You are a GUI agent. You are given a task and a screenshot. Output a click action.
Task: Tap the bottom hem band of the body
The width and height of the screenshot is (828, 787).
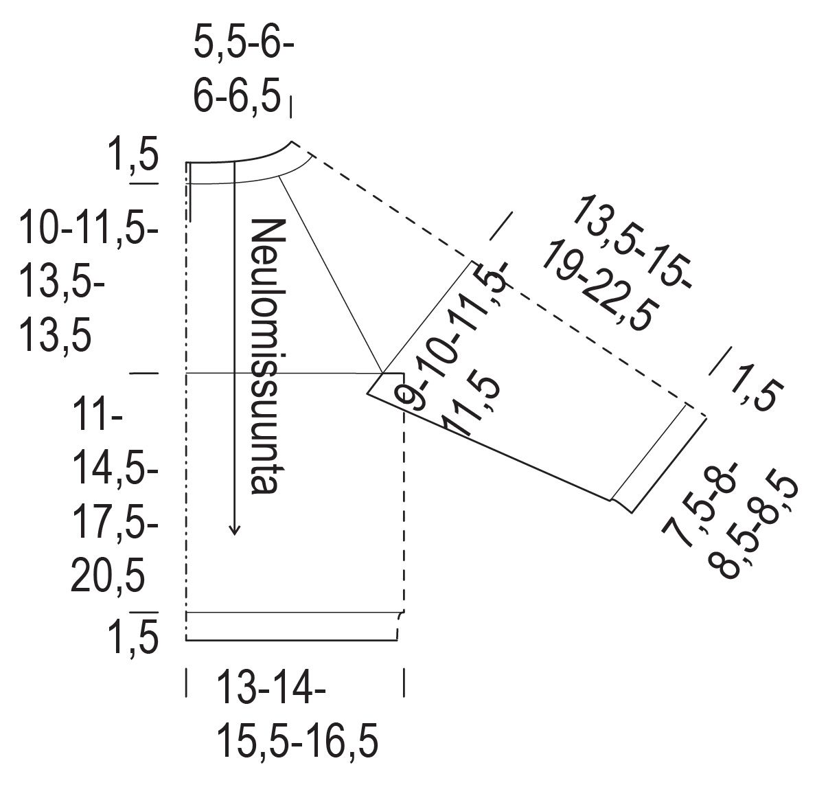(292, 626)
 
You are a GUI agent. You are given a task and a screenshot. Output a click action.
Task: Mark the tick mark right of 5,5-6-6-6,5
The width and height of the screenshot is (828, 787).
(291, 106)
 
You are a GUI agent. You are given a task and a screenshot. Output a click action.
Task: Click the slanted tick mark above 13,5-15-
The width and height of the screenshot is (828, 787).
(501, 227)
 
